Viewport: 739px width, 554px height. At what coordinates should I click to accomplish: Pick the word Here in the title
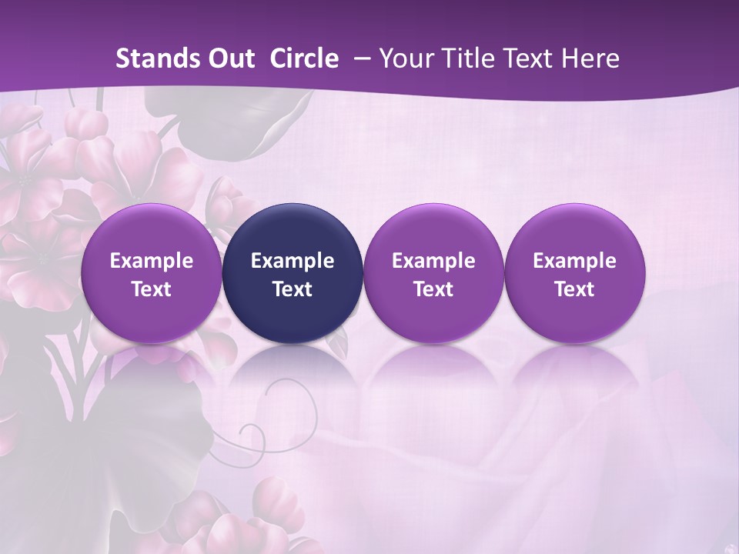pos(591,58)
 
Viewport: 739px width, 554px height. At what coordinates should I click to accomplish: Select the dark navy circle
pos(293,273)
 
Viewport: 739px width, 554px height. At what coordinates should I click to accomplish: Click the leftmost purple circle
pos(151,273)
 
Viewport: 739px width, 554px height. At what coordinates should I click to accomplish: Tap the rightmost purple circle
pos(574,273)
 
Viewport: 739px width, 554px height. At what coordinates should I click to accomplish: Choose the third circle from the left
pos(433,273)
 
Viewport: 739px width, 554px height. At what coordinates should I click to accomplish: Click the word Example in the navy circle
pos(293,261)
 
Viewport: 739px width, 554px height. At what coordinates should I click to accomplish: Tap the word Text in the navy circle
pos(293,289)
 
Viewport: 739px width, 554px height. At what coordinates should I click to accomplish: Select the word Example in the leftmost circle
pos(151,261)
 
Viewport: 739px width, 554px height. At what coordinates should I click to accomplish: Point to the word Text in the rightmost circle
pos(574,289)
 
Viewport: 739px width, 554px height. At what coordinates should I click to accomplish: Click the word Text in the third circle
pos(433,289)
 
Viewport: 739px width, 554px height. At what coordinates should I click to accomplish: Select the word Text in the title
pos(533,58)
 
